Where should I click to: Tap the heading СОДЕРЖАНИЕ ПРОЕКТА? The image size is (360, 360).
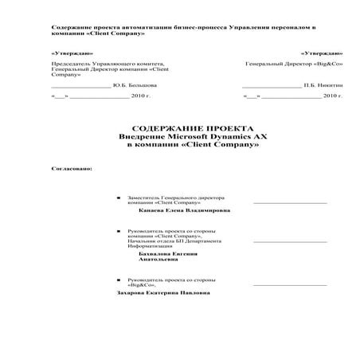tap(192, 129)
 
